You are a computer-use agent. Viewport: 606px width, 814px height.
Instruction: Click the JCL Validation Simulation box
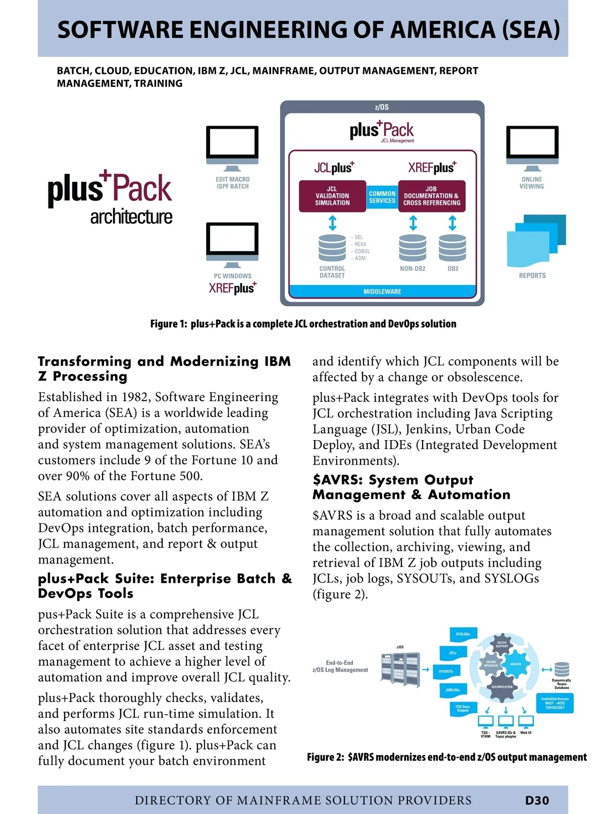point(332,196)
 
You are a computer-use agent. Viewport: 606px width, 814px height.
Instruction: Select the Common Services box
point(382,197)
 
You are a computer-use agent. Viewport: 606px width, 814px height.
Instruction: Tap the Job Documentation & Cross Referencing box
point(431,196)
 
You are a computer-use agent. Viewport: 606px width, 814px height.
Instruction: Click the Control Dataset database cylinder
point(332,248)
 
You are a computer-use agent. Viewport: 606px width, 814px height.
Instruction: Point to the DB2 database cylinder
point(452,248)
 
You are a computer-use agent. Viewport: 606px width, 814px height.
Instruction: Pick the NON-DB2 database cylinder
point(413,248)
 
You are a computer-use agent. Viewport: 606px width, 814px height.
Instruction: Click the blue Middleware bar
point(382,292)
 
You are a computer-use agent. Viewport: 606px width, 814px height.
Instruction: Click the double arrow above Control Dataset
point(332,223)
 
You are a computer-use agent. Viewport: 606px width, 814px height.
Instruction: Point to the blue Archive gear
point(515,665)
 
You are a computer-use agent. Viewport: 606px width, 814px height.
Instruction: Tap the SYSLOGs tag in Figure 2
point(463,634)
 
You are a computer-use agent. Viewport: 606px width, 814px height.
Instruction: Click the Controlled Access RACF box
point(555,703)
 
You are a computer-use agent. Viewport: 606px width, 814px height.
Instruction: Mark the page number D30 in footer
point(537,800)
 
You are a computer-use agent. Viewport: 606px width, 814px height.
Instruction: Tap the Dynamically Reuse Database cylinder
point(562,669)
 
